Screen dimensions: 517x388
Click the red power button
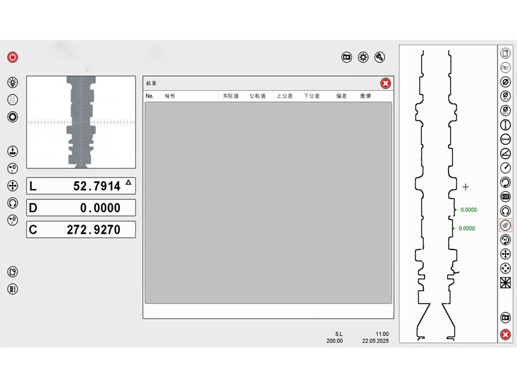(12, 57)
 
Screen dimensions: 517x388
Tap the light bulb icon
(12, 82)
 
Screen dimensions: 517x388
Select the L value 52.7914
(97, 186)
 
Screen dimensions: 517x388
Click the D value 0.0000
(100, 208)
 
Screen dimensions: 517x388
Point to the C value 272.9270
(94, 230)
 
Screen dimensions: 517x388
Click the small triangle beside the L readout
(128, 182)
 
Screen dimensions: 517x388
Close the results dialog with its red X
(386, 83)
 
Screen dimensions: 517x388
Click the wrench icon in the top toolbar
(380, 57)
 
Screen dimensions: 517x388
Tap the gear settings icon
(363, 57)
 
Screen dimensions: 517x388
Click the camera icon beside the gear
(346, 57)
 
